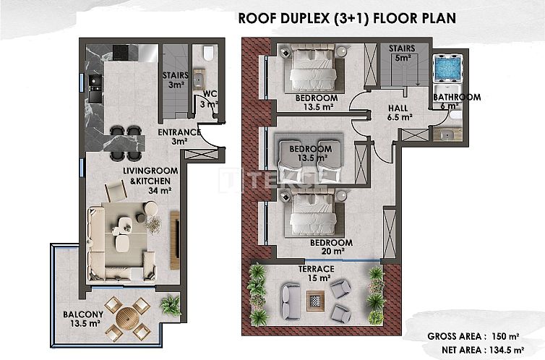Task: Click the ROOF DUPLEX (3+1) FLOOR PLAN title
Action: [347, 18]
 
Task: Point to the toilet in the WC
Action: [209, 53]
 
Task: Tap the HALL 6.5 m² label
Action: [399, 111]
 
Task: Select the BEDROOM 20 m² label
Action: [331, 247]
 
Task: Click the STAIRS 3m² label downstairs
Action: [174, 80]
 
